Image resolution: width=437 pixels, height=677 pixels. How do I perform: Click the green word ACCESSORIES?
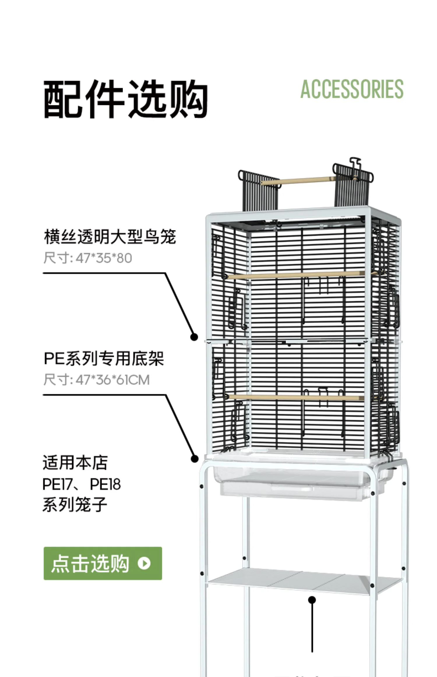(352, 89)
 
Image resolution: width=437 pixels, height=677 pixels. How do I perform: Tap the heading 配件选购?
(126, 99)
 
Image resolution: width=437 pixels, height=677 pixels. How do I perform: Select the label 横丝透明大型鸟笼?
(110, 236)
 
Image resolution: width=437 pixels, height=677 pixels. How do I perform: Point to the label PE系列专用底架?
(104, 359)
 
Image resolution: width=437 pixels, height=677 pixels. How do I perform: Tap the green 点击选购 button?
(103, 564)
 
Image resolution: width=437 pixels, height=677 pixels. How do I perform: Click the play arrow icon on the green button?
(144, 564)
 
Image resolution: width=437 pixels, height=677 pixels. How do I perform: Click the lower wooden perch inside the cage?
(294, 397)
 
